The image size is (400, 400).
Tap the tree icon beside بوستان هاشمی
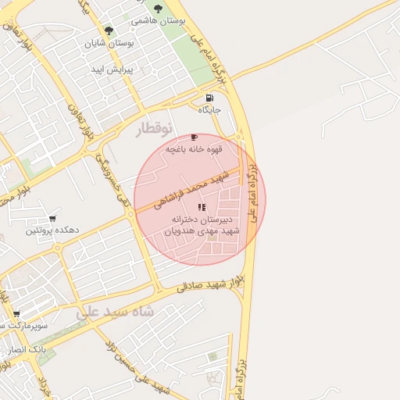[159, 9]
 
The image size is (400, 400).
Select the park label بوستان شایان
[110, 44]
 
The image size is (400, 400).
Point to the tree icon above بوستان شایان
[109, 32]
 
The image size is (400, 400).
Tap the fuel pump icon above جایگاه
[209, 98]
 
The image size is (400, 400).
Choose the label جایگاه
[209, 110]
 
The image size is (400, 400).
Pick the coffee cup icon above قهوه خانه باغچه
[194, 137]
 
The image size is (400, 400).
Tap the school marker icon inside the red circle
[201, 207]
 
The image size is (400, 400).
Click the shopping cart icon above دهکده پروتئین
[52, 219]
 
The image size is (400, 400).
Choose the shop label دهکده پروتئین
[52, 231]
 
